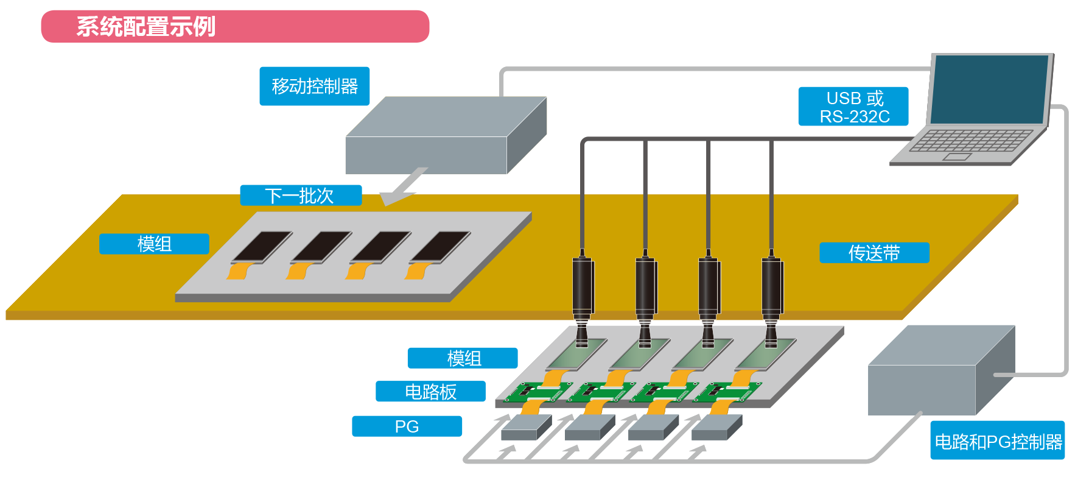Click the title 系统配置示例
tap(146, 27)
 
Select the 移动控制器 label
tap(314, 87)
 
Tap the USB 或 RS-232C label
tap(853, 107)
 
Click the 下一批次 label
tap(301, 196)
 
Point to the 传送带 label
tap(874, 253)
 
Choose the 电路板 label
tap(430, 392)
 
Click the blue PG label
tap(407, 426)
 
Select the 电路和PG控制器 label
tap(998, 441)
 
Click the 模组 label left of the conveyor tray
tap(154, 244)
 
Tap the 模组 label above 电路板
tap(463, 358)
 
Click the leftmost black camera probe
tap(583, 286)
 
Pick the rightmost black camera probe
tap(772, 286)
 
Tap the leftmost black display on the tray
tap(262, 246)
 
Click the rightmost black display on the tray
tap(440, 246)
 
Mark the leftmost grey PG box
tap(525, 428)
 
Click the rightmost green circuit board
tap(728, 392)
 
